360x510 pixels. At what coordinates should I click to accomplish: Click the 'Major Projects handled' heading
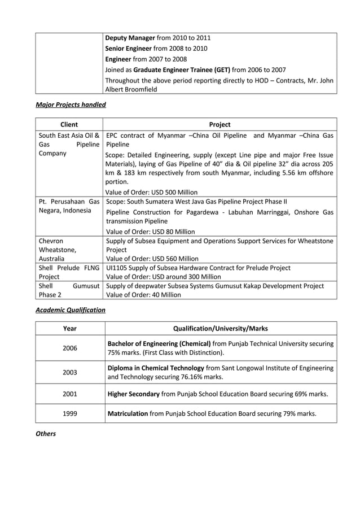coord(71,104)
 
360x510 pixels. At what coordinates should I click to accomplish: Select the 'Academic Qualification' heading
coord(71,310)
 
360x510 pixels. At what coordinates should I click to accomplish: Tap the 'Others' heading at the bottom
coord(46,434)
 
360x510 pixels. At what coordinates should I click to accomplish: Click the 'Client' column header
coord(69,124)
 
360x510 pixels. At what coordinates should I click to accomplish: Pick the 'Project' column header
coord(219,124)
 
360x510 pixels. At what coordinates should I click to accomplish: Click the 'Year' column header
coord(70,328)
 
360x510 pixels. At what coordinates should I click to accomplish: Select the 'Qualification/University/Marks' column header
coord(220,328)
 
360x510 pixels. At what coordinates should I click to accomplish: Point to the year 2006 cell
coord(70,348)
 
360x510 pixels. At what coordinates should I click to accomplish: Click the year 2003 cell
coord(70,372)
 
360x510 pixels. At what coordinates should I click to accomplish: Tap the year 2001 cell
coord(70,394)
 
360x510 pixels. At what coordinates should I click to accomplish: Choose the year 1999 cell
coord(70,413)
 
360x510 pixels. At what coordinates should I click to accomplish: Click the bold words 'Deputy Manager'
coord(130,38)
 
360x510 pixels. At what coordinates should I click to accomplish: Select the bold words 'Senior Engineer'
coord(129,49)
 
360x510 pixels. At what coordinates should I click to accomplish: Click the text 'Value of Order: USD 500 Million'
coord(151,192)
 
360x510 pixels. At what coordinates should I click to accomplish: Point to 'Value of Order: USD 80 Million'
coord(150,232)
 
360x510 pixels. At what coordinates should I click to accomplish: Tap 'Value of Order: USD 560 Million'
coord(151,259)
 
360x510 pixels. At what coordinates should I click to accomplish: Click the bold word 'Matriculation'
coord(128,413)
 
